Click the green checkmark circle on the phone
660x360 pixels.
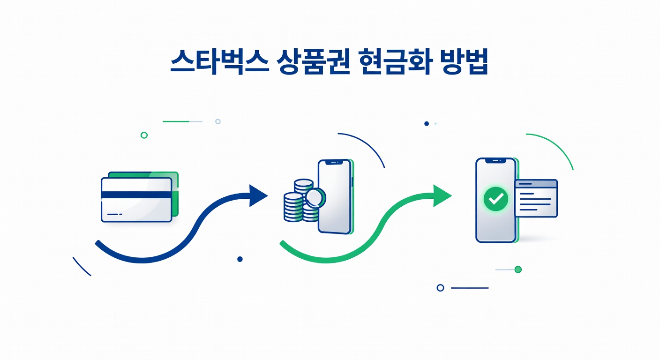point(495,199)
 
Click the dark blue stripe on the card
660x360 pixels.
point(136,195)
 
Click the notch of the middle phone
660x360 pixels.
point(334,163)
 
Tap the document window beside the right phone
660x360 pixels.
point(536,199)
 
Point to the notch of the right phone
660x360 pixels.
point(495,161)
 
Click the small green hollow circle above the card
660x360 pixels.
point(144,135)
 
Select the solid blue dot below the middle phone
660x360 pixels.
point(240,259)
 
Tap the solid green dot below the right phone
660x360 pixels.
point(518,270)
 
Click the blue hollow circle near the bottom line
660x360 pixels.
point(440,288)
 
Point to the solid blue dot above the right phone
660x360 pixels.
point(426,124)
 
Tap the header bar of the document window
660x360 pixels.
point(536,184)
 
